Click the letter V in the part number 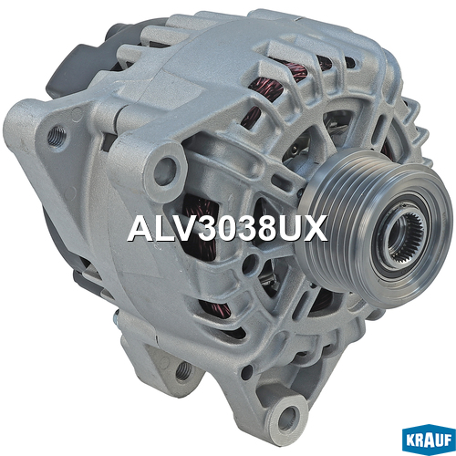tap(179, 228)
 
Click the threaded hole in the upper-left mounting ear tap(57, 136)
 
